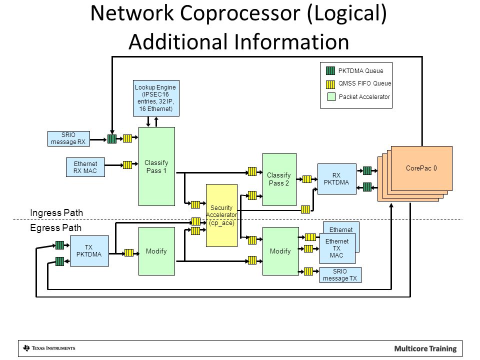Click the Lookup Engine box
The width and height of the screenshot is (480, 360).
(x=156, y=98)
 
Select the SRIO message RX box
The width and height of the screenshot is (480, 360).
(x=68, y=138)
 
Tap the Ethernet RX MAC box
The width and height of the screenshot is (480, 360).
(x=85, y=167)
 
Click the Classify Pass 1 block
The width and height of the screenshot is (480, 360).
(x=156, y=166)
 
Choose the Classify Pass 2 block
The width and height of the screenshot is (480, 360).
(x=279, y=179)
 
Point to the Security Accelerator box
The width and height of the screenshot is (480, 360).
(x=221, y=215)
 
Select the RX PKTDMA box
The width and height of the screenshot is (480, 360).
(x=336, y=179)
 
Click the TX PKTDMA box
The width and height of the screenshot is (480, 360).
(x=89, y=251)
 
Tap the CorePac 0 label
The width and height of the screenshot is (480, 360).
(x=421, y=168)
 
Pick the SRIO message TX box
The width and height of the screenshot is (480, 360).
(x=340, y=275)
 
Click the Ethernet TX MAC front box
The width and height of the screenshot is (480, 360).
(x=337, y=248)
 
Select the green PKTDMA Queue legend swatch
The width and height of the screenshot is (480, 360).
(x=330, y=70)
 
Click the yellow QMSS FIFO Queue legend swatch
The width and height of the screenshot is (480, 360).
(x=330, y=84)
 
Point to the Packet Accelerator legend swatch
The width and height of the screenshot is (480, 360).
(x=331, y=97)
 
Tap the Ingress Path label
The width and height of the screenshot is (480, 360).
(x=56, y=213)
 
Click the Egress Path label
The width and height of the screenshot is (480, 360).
(x=55, y=228)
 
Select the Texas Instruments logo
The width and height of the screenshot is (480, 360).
(x=49, y=348)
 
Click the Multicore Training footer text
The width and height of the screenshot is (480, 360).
(x=425, y=348)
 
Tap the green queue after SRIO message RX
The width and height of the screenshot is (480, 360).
(x=112, y=139)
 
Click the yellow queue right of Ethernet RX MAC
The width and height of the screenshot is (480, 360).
(x=127, y=165)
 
